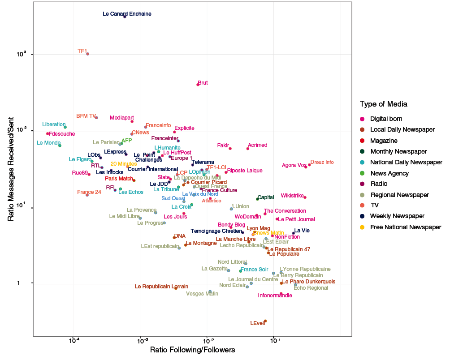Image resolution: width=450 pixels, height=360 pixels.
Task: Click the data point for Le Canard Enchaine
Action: coord(125,17)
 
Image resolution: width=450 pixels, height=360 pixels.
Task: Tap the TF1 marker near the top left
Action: coord(88,54)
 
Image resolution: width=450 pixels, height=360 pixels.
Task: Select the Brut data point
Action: coord(198,85)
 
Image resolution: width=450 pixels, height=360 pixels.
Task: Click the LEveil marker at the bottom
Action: coord(265,321)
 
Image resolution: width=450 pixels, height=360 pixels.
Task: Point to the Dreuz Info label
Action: coord(322,162)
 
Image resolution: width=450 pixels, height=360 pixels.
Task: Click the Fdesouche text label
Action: coord(62,133)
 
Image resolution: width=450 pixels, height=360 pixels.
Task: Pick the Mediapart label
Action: coord(121,118)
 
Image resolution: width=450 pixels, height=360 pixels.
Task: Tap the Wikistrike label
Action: coord(292,196)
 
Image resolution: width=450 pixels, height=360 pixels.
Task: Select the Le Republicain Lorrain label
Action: coord(161,287)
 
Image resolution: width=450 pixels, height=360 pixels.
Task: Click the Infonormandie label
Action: coord(275,296)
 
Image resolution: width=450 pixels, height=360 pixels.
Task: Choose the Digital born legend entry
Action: coord(386,119)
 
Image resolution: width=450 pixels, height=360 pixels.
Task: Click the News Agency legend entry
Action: coord(389,173)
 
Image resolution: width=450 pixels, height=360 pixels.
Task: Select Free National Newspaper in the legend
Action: coord(405,227)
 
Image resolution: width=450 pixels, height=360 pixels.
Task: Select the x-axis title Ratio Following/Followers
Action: coord(193,349)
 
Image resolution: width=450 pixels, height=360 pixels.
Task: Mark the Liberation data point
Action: coord(65,127)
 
